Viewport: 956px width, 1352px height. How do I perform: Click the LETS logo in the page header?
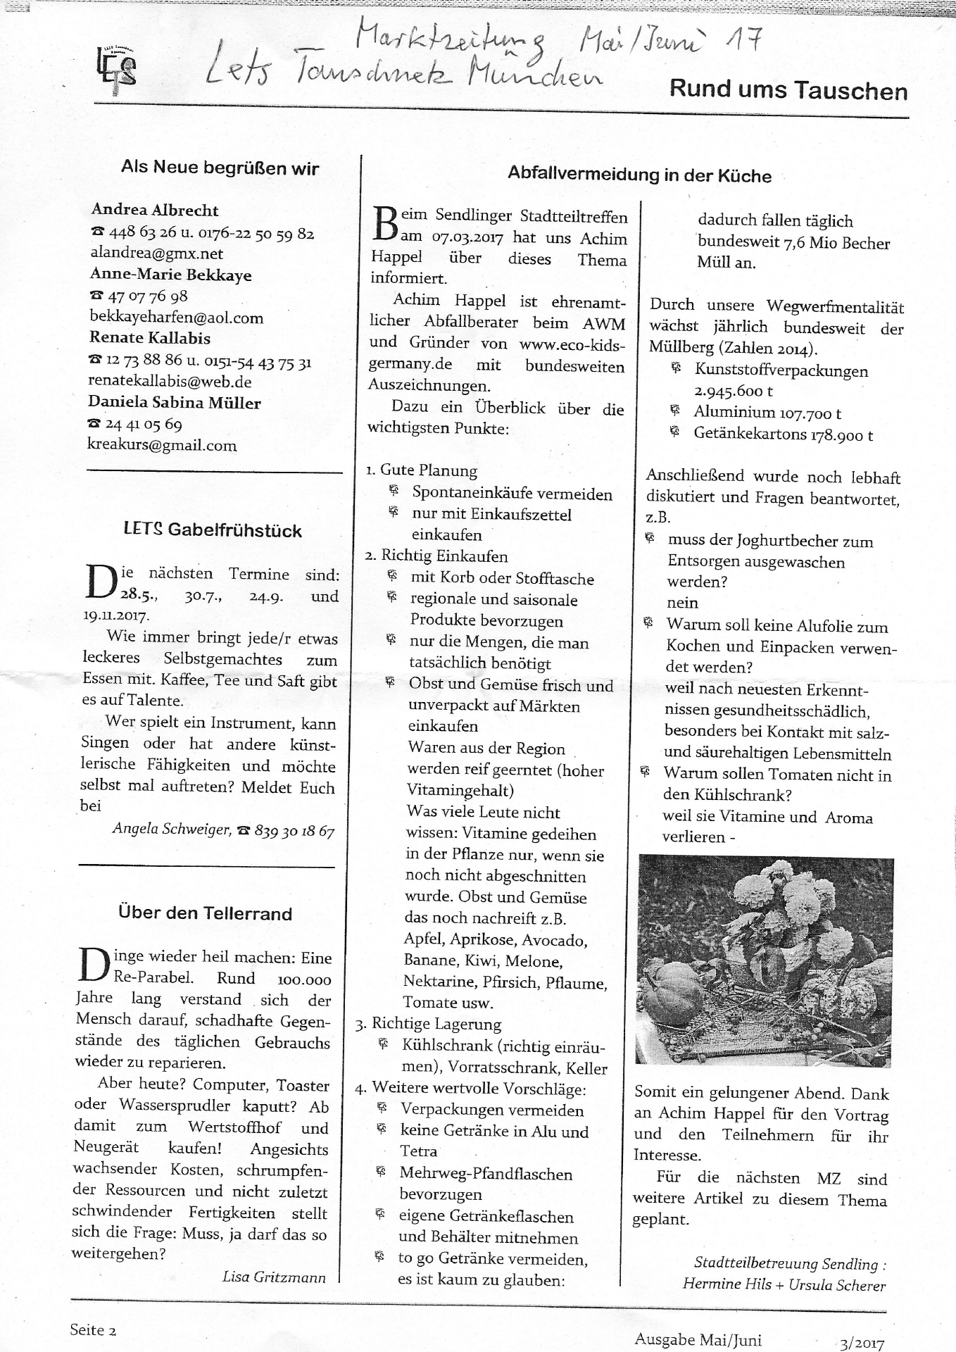point(116,69)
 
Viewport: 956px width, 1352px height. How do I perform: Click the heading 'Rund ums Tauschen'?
point(788,90)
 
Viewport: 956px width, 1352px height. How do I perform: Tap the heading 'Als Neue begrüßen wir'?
point(220,168)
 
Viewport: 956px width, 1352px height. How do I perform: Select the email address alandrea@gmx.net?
point(156,254)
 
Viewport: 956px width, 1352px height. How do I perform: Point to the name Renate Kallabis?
point(149,338)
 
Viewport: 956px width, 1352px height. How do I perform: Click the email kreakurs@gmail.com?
point(161,446)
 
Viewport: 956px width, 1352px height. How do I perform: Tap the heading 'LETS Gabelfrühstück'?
point(213,530)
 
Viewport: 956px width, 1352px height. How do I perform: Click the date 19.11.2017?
point(116,615)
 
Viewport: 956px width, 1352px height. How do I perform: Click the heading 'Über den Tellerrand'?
point(205,914)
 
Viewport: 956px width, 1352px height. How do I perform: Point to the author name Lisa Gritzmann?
point(274,1276)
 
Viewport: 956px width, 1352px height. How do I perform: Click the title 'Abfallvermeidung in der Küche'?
point(639,175)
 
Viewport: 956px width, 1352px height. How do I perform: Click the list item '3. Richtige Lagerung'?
point(429,1024)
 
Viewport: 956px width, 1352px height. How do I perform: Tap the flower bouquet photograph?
point(765,960)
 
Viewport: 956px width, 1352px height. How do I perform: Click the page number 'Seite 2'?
point(93,1329)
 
